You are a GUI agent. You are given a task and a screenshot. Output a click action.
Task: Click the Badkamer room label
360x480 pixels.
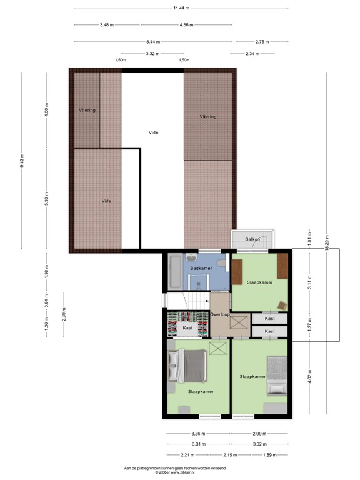coord(201,268)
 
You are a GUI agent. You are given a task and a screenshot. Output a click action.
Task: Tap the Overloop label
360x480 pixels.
coord(219,314)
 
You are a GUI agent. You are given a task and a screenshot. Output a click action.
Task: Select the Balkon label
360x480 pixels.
coord(252,239)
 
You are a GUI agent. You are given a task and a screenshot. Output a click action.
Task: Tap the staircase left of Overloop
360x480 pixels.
coord(187,301)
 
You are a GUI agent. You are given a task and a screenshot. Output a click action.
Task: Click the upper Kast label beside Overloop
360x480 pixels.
coord(270,319)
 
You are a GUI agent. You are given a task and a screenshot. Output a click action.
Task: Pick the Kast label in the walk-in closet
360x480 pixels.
coord(187,327)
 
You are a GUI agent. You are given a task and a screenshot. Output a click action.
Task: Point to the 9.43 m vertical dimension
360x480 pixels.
coord(21,161)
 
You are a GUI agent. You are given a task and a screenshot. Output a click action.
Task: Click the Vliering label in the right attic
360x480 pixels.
coord(208,117)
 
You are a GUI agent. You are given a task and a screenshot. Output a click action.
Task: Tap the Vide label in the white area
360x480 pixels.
coord(153,132)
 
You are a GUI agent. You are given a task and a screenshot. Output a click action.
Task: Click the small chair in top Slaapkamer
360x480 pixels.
coord(282,304)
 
